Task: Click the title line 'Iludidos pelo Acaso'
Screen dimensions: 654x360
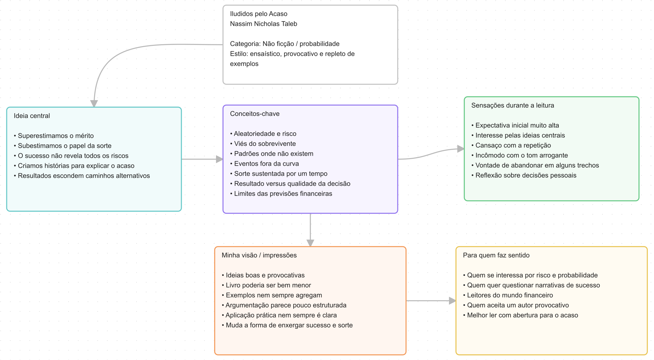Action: (x=258, y=14)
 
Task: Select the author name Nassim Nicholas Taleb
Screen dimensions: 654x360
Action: (x=263, y=24)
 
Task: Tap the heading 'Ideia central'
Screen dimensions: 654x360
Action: (x=32, y=116)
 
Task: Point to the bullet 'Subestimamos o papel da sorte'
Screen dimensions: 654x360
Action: (x=62, y=146)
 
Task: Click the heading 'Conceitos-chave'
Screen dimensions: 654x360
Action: (x=255, y=114)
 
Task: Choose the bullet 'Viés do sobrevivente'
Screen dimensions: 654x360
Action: (x=263, y=144)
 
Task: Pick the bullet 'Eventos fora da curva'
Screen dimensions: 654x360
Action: (x=264, y=164)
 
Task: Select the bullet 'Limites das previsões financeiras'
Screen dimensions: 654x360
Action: (x=281, y=194)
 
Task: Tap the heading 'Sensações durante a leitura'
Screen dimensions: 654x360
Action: (x=513, y=105)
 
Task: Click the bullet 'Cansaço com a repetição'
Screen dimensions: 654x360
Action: (x=511, y=145)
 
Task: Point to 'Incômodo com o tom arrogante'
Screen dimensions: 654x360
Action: (x=519, y=155)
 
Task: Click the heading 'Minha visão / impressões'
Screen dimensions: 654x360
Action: (x=259, y=255)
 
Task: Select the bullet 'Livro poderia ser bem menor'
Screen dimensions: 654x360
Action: (x=266, y=285)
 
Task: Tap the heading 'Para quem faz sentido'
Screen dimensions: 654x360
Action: (x=496, y=255)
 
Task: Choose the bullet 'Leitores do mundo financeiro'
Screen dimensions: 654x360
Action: (x=508, y=295)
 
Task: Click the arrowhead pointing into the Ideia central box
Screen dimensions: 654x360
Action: (x=94, y=103)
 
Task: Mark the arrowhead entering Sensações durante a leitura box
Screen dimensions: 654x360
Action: (x=460, y=149)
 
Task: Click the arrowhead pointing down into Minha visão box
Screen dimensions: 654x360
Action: (x=310, y=243)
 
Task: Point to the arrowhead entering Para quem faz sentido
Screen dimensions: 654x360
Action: (x=452, y=301)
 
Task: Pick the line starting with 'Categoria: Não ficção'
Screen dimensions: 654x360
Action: (x=285, y=44)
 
